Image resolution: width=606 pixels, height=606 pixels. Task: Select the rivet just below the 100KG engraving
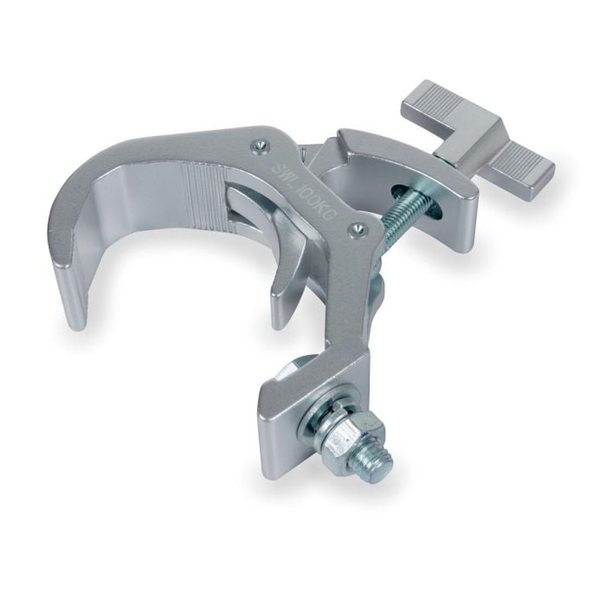coord(353,229)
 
